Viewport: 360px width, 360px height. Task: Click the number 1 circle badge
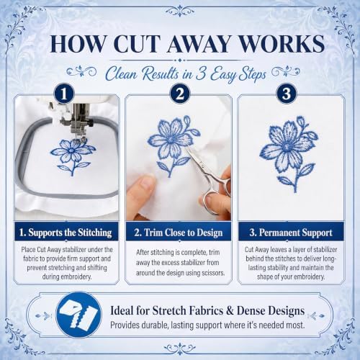click(x=63, y=94)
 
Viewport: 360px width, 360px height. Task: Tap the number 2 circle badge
click(x=180, y=94)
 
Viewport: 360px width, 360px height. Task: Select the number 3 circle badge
click(x=287, y=94)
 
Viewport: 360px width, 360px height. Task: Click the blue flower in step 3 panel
click(x=289, y=153)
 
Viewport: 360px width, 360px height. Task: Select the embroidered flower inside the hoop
click(x=71, y=157)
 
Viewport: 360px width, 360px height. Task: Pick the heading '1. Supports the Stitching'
click(x=66, y=233)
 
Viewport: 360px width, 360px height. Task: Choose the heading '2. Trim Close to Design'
click(x=179, y=233)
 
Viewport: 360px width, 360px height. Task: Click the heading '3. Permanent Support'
click(x=291, y=233)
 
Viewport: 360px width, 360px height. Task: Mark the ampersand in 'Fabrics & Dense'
click(x=230, y=310)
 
